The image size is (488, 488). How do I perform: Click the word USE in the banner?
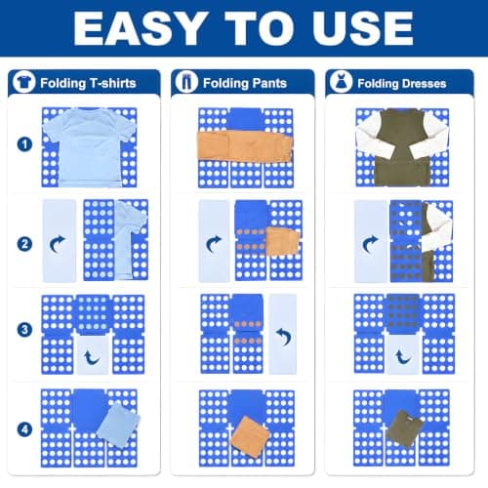pyautogui.click(x=363, y=28)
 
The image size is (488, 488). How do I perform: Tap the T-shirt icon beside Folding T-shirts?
pyautogui.click(x=23, y=82)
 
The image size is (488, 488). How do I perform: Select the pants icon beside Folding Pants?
pyautogui.click(x=186, y=82)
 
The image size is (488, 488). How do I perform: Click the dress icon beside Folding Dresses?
pyautogui.click(x=341, y=82)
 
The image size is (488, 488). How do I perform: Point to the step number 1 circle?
pyautogui.click(x=24, y=144)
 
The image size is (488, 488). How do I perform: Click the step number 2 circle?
pyautogui.click(x=24, y=244)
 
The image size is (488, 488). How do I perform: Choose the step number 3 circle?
pyautogui.click(x=24, y=330)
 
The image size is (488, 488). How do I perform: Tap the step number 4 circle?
pyautogui.click(x=24, y=429)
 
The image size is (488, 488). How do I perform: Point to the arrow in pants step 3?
pyautogui.click(x=284, y=336)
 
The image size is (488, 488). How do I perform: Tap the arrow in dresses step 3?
pyautogui.click(x=402, y=357)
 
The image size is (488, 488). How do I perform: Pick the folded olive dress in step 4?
pyautogui.click(x=404, y=428)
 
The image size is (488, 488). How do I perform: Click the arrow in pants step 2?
pyautogui.click(x=213, y=244)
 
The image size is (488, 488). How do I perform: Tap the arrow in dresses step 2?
pyautogui.click(x=369, y=244)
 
